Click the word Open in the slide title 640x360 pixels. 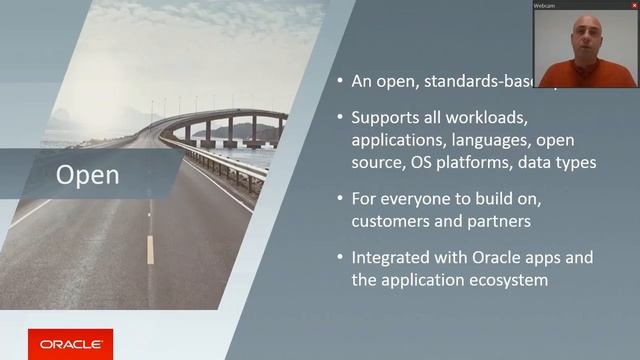(88, 176)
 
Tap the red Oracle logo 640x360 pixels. (70, 344)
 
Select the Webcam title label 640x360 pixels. (545, 5)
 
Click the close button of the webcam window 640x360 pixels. (634, 5)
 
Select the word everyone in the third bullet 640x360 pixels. (413, 198)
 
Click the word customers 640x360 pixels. (391, 219)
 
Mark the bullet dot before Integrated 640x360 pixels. (341, 258)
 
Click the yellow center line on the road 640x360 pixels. (150, 249)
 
